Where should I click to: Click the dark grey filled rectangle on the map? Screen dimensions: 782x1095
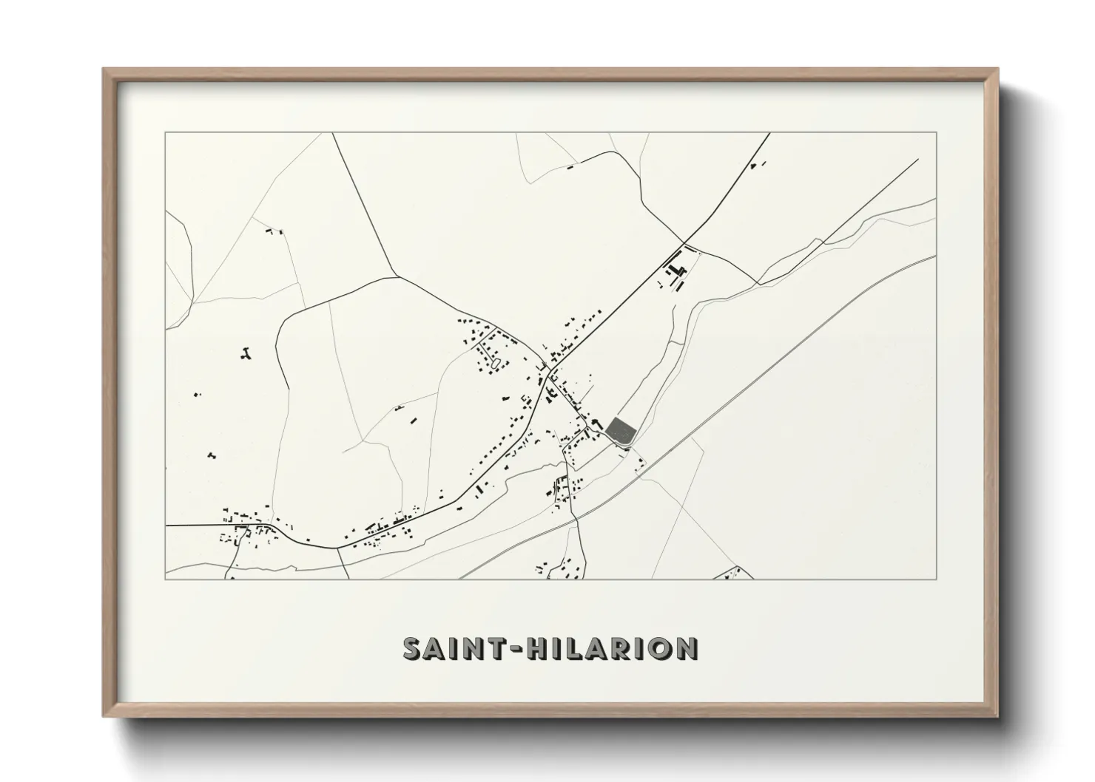[x=621, y=431]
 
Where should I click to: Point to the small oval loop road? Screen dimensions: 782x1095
[x=495, y=363]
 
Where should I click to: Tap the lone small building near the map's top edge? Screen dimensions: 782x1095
[x=570, y=168]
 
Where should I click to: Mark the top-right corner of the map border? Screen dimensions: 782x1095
[x=937, y=133]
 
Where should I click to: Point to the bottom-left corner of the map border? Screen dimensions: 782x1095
[x=166, y=579]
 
